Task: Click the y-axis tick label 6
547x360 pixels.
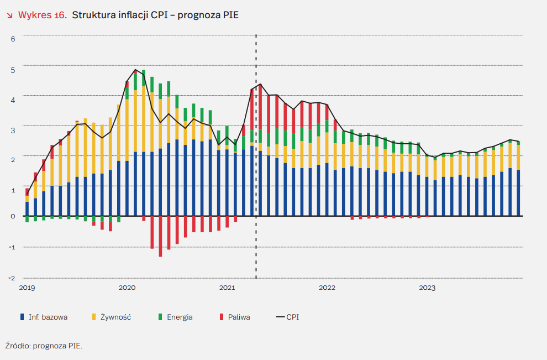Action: [x=13, y=38]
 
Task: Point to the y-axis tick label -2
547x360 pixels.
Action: [x=12, y=278]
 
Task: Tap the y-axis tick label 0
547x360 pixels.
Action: [x=13, y=216]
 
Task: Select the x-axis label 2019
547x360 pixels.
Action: [x=27, y=288]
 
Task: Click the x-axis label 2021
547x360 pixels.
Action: [x=227, y=288]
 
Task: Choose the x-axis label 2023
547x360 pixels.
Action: [x=427, y=288]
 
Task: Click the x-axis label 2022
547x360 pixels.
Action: [x=327, y=288]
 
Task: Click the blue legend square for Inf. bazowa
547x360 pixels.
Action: [x=22, y=317]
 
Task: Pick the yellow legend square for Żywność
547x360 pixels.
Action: [x=94, y=317]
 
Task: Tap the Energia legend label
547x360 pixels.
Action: [x=180, y=317]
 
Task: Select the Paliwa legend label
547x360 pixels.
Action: [x=239, y=317]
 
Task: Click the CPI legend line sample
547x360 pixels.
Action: [x=280, y=317]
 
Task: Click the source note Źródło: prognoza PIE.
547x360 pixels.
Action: [x=44, y=346]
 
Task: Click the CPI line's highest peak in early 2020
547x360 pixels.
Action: [x=135, y=70]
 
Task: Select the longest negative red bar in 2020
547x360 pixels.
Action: [x=160, y=236]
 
